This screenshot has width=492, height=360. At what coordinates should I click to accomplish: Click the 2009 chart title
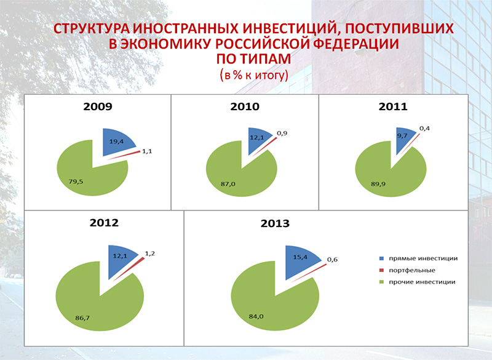tap(98, 106)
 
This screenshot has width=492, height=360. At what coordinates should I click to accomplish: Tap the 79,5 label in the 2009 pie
tap(76, 182)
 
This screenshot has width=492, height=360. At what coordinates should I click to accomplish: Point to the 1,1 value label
tap(147, 151)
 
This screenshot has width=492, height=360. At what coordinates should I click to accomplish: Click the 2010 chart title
tap(245, 106)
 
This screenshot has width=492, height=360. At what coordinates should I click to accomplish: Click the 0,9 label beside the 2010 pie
tap(282, 133)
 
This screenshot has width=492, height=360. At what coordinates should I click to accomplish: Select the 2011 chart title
tap(393, 106)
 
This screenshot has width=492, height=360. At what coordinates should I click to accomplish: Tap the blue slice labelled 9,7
tap(403, 138)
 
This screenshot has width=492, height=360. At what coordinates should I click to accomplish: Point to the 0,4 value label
tap(424, 128)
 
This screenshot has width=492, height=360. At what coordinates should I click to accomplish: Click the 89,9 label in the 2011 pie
tap(378, 184)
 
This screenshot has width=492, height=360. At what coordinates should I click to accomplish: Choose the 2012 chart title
tap(104, 223)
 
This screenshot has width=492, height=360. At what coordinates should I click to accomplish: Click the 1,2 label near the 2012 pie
tap(149, 254)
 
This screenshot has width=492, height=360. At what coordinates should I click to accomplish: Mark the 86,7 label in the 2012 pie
tap(82, 318)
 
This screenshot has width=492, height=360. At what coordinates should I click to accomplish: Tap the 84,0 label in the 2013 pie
tap(256, 316)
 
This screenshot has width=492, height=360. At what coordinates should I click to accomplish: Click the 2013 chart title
tap(275, 223)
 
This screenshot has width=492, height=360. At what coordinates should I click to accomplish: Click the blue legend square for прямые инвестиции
tap(381, 258)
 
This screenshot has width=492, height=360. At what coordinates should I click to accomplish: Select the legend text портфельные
tap(412, 270)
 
